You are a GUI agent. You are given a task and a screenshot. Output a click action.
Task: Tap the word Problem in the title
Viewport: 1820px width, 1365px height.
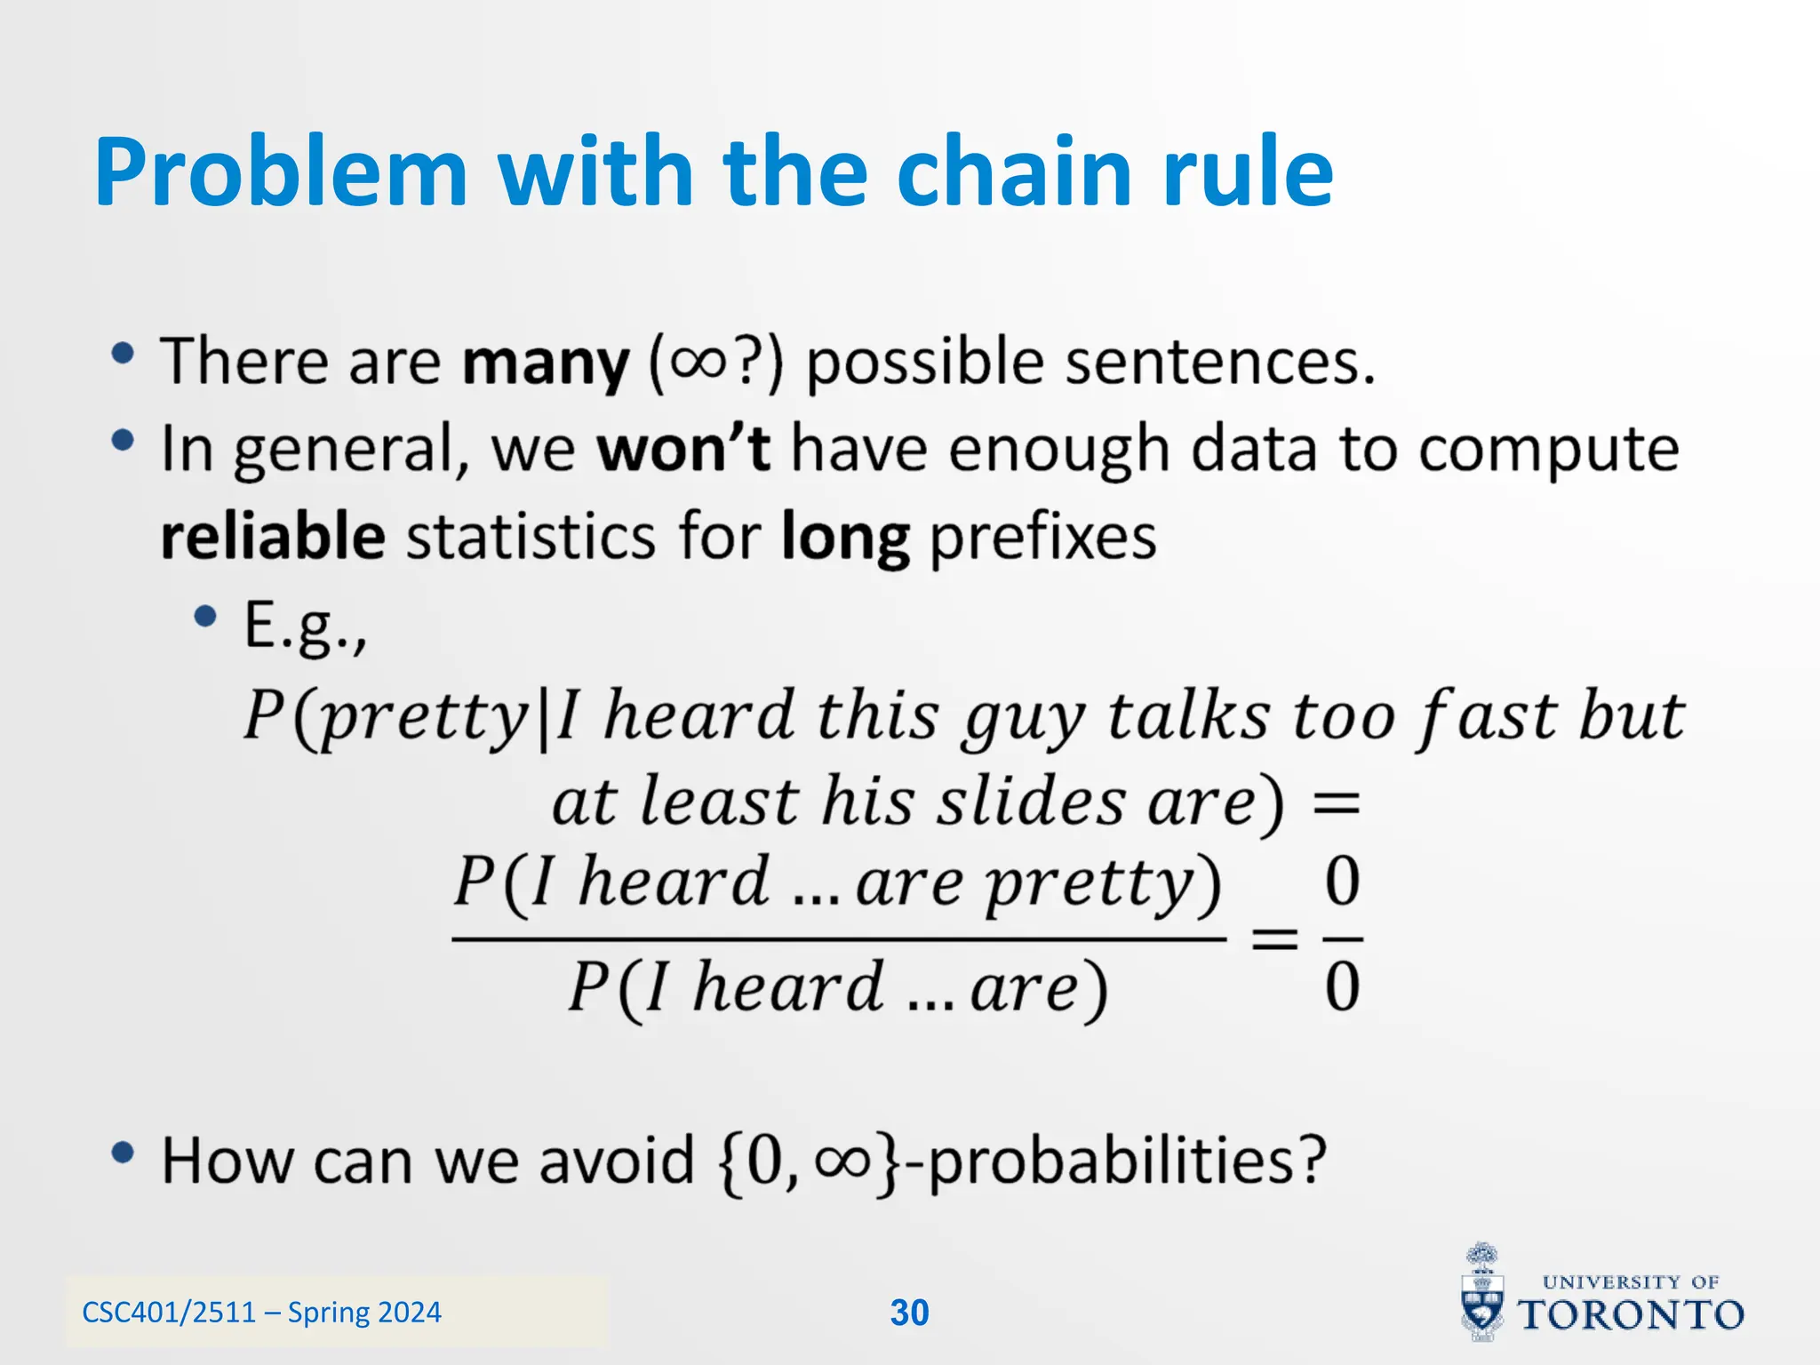click(280, 173)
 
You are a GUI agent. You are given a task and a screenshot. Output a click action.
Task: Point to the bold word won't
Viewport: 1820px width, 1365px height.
click(682, 449)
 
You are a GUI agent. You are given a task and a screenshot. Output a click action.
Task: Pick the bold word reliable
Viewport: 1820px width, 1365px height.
click(273, 537)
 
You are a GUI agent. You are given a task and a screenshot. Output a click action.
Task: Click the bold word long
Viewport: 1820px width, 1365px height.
click(845, 539)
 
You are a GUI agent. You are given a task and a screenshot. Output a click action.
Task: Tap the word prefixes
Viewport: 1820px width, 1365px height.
click(1042, 539)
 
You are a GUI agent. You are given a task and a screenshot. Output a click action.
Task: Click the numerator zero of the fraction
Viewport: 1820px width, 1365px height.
click(1342, 882)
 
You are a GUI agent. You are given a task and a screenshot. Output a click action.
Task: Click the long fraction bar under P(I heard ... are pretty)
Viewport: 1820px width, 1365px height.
click(838, 938)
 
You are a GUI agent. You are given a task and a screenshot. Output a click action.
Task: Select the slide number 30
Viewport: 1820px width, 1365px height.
click(909, 1313)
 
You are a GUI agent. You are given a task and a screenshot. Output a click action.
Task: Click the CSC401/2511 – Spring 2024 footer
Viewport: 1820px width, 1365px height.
click(261, 1313)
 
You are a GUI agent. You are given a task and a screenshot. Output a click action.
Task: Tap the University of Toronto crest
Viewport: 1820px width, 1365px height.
click(1482, 1293)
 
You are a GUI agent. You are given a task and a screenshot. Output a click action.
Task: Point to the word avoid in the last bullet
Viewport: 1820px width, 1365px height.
click(616, 1161)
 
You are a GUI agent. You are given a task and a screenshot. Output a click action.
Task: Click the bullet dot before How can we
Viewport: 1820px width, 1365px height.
click(123, 1153)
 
